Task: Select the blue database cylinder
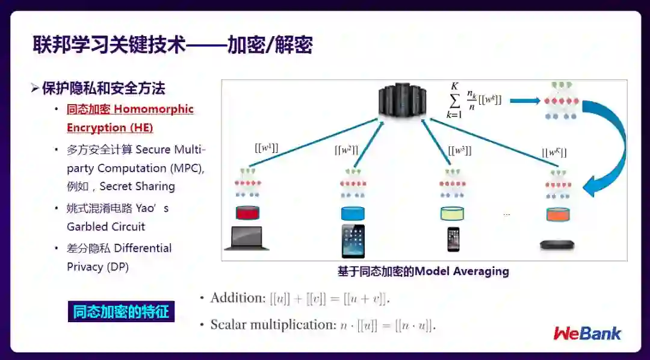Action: tap(353, 213)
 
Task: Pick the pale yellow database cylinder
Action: tap(453, 213)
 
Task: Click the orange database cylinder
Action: tap(558, 214)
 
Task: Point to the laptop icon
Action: tap(247, 238)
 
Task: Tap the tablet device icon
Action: tap(353, 241)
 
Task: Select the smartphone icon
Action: tap(453, 239)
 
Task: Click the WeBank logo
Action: tap(587, 333)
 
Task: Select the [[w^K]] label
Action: tap(554, 153)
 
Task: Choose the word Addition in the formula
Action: tap(237, 298)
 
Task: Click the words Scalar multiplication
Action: tap(271, 325)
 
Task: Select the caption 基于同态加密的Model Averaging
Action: tap(423, 272)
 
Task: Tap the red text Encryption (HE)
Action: tap(110, 128)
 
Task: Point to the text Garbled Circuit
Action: tap(106, 227)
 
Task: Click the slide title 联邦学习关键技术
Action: tap(108, 45)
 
